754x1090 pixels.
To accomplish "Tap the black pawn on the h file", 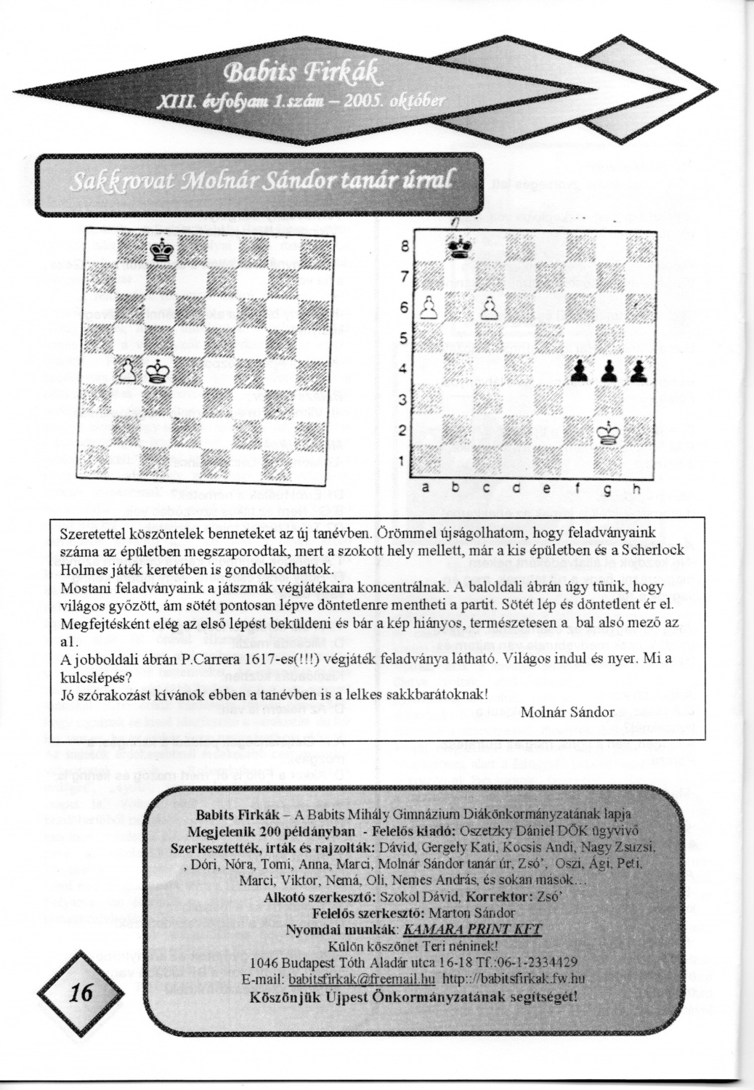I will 639,371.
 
